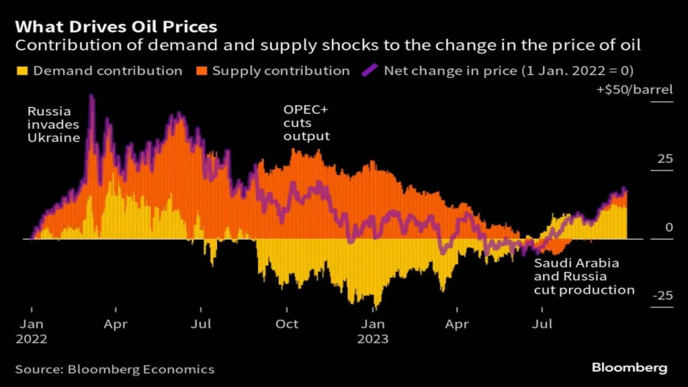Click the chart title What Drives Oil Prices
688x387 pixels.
point(116,27)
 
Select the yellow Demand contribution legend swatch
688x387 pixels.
point(22,71)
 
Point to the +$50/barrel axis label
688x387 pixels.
point(634,90)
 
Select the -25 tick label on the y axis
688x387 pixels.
point(662,296)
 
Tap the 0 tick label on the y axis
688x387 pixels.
point(669,227)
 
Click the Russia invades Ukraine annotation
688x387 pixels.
point(53,125)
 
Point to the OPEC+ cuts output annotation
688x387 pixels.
point(306,123)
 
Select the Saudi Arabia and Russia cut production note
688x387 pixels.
point(584,277)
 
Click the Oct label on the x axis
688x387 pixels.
point(286,325)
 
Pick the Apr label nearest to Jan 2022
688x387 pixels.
point(116,325)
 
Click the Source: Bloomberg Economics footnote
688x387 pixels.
point(114,369)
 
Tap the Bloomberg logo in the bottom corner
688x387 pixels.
point(629,368)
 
